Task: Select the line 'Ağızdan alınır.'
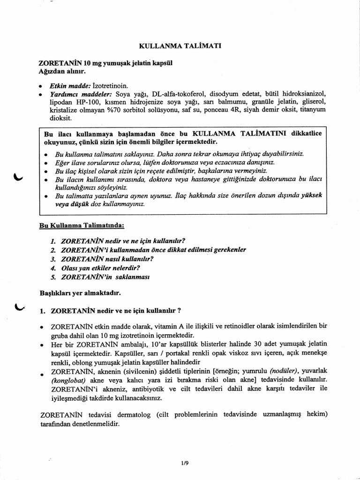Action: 62,72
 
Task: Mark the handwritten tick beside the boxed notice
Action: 18,176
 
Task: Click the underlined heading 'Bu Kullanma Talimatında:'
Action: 82,225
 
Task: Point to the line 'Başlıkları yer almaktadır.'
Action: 80,293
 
